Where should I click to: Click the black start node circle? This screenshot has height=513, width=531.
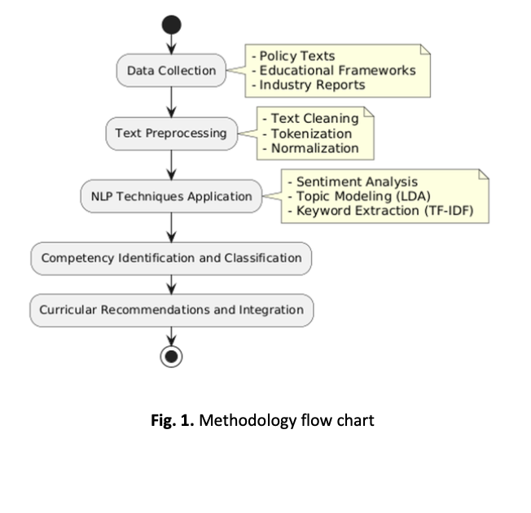(x=172, y=25)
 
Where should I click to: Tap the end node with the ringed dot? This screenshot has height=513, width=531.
(x=172, y=356)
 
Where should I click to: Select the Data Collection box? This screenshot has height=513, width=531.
(x=171, y=70)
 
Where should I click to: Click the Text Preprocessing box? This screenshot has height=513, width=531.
(x=171, y=133)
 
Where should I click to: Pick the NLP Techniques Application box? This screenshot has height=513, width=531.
(x=171, y=196)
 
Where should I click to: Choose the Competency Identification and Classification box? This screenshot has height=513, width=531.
(x=171, y=258)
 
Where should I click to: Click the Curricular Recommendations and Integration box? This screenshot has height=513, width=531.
(x=171, y=309)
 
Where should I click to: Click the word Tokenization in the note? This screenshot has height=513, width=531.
(x=311, y=134)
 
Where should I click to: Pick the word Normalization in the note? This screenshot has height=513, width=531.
(x=314, y=148)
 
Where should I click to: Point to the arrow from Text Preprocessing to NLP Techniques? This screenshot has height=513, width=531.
(x=172, y=164)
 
